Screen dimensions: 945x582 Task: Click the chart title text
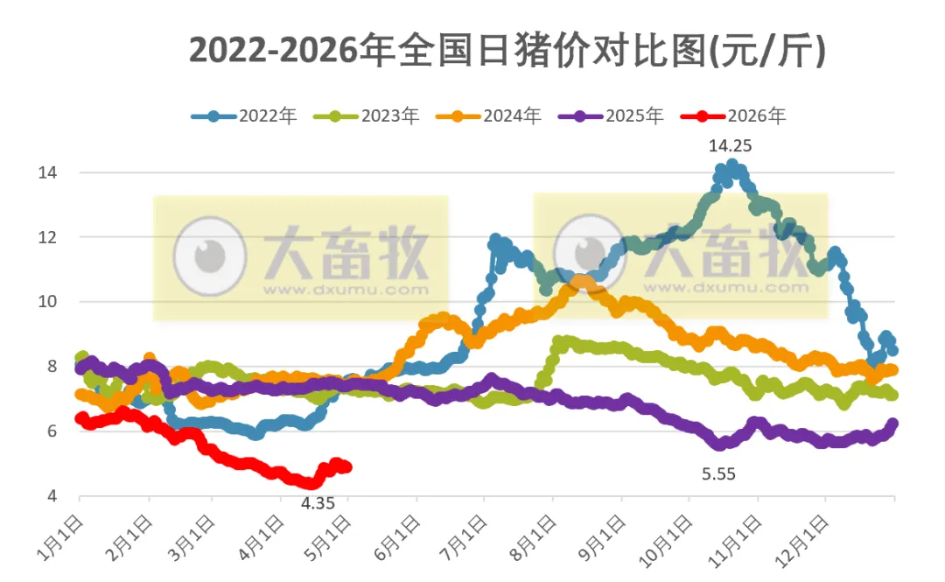[x=507, y=50]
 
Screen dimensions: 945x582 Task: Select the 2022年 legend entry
[x=244, y=116]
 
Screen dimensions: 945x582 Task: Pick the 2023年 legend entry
[x=367, y=116]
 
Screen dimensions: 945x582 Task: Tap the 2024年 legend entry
[x=489, y=116]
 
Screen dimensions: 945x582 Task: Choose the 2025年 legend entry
[x=611, y=116]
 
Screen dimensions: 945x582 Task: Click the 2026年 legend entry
[x=733, y=116]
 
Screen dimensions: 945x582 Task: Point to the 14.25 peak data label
[x=730, y=146]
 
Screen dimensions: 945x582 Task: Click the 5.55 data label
[x=718, y=474]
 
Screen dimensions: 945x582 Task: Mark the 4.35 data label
[x=318, y=503]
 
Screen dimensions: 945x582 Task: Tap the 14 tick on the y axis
[x=47, y=173]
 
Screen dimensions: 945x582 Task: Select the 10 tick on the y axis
[x=47, y=302]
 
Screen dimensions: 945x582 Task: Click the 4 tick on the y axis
[x=52, y=495]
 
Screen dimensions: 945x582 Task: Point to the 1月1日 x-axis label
[x=59, y=539]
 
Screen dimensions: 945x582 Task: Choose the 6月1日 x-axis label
[x=396, y=539]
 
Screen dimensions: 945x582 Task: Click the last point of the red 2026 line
[x=346, y=467]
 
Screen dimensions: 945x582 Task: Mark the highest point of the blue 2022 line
[x=732, y=165]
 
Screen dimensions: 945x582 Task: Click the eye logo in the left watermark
[x=210, y=256]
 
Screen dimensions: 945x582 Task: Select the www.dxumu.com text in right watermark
[x=725, y=288]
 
